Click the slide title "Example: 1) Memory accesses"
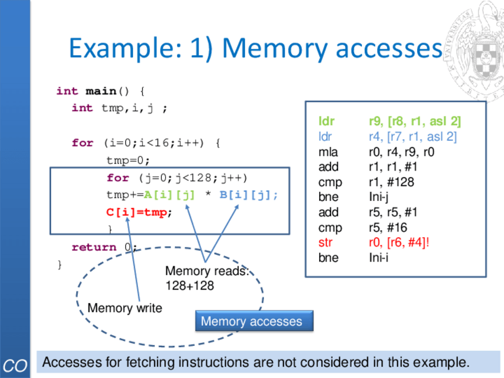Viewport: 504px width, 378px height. pos(255,48)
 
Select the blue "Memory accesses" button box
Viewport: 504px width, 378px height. pos(251,322)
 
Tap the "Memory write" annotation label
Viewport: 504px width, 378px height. pos(124,308)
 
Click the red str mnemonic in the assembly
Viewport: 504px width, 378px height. pos(325,242)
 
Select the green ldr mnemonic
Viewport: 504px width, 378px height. pos(326,121)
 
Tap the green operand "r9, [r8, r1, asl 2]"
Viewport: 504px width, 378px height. pos(415,121)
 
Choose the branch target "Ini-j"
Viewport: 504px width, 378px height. pos(380,197)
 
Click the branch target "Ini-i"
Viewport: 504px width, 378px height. pos(379,258)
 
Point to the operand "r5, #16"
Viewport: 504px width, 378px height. pos(388,228)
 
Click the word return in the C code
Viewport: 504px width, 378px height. pos(94,247)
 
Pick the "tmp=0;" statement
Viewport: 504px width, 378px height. pos(128,160)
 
